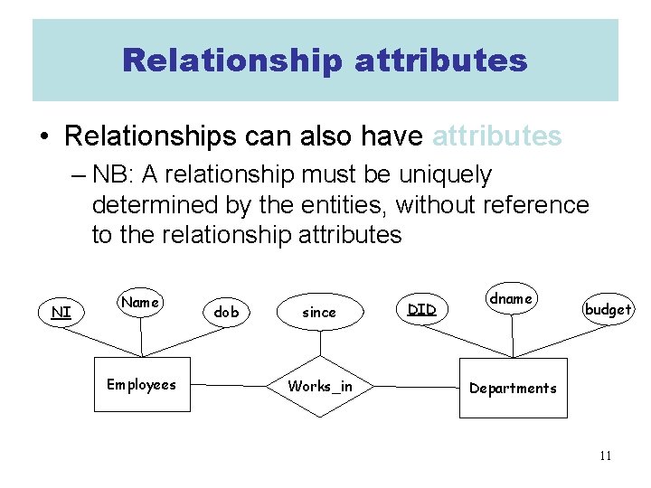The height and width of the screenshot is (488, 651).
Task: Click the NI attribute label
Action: click(x=61, y=313)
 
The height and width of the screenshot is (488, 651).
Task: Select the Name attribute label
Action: click(x=140, y=303)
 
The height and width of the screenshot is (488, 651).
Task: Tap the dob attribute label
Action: click(x=226, y=313)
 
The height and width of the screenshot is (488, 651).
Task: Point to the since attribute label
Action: click(x=318, y=313)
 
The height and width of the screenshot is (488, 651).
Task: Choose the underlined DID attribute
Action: click(x=421, y=310)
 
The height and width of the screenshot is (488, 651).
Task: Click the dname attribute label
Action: click(x=511, y=299)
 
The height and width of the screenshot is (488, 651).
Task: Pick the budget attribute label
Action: click(x=608, y=309)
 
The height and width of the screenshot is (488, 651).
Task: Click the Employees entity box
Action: click(x=142, y=385)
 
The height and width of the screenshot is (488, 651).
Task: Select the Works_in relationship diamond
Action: click(x=320, y=387)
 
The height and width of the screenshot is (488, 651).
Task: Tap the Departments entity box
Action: click(x=513, y=389)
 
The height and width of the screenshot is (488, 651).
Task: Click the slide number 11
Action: click(x=605, y=455)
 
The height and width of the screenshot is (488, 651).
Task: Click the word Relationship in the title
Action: click(x=231, y=61)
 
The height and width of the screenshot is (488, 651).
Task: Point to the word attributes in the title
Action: click(x=441, y=61)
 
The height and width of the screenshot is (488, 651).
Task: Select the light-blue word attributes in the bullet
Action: click(x=497, y=136)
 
